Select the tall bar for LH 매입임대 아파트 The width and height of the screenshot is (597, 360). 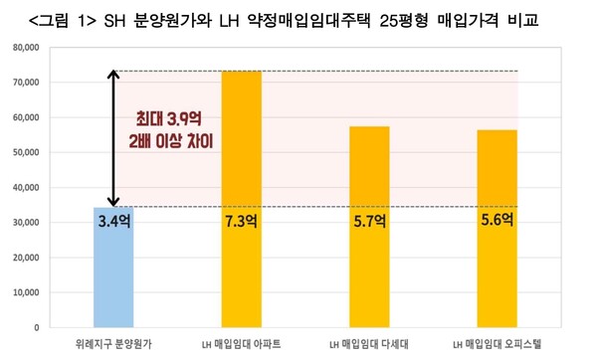tap(243, 199)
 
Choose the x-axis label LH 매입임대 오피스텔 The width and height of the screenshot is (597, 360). tap(495, 343)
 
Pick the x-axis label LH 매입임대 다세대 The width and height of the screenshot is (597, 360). tap(368, 343)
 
